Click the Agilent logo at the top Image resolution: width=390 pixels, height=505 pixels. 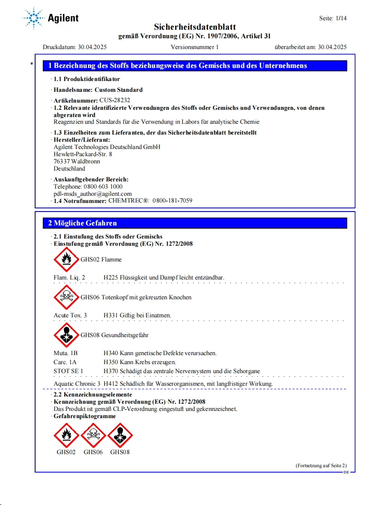[50, 18]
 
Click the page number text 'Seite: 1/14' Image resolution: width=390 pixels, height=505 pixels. [333, 18]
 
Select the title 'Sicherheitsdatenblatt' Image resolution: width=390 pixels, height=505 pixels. [195, 27]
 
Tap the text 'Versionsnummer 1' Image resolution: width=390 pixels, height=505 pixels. [195, 47]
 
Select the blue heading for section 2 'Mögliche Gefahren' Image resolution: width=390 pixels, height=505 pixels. [83, 223]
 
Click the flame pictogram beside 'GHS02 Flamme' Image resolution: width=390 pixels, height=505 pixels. [66, 260]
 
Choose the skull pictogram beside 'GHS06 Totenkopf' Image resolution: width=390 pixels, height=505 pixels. [66, 298]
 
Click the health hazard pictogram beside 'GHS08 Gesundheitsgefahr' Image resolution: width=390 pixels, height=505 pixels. [66, 335]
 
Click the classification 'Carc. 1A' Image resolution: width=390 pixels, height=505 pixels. [65, 362]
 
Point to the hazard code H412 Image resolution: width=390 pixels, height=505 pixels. [111, 383]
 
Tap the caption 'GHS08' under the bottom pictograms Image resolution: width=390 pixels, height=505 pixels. [120, 452]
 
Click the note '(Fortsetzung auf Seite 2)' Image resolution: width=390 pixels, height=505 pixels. [321, 465]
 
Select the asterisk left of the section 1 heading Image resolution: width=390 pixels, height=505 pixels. [32, 64]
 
